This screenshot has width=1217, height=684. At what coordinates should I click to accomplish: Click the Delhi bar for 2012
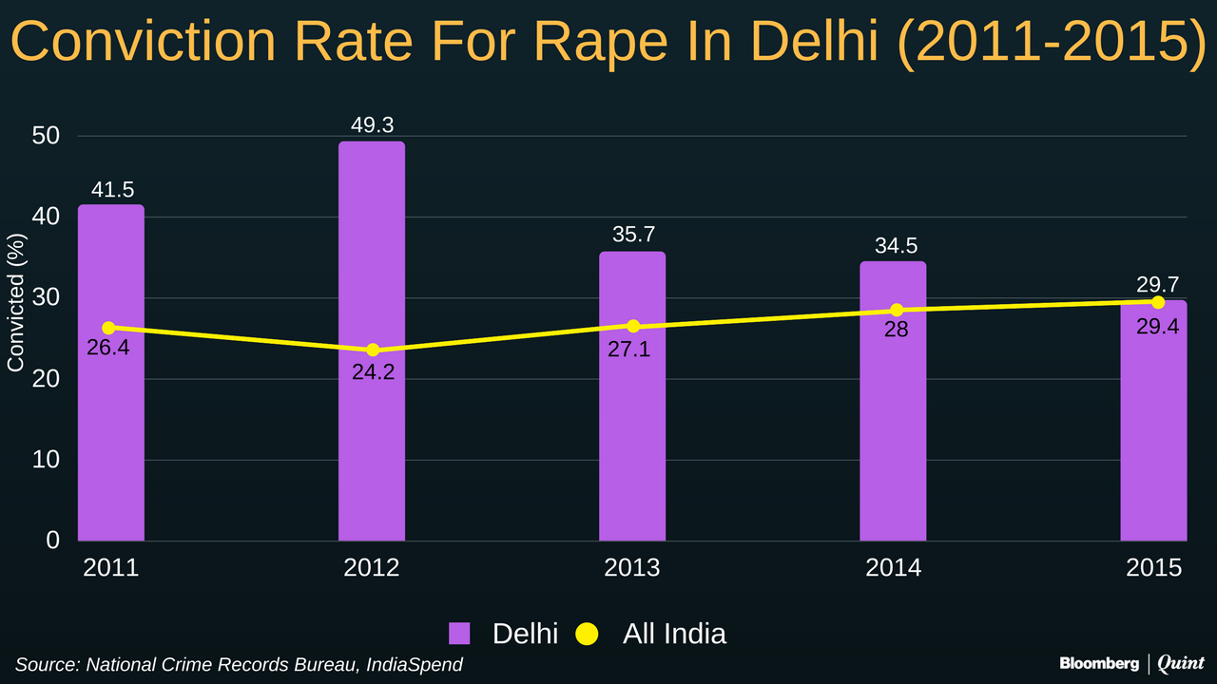372,342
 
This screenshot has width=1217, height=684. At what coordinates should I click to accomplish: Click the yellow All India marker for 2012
373,351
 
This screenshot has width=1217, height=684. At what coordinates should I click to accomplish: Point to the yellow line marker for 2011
108,328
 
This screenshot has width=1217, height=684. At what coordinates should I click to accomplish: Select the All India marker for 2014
897,311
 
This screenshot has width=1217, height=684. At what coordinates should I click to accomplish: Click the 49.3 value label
372,125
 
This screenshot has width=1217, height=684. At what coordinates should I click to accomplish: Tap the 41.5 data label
112,189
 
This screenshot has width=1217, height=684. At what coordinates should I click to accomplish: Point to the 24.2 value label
373,372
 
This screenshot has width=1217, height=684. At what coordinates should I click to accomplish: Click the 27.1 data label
629,349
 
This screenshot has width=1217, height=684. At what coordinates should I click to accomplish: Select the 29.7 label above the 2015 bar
1157,284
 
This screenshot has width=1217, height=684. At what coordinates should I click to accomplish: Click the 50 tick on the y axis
47,136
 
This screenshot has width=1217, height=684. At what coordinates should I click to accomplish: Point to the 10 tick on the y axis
47,460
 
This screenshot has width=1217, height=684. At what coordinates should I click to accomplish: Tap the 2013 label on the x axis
632,568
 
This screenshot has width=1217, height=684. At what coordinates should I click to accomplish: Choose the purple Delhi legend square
460,634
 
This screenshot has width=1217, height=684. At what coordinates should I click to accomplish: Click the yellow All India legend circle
587,634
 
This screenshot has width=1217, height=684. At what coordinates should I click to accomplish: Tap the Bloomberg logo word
1099,662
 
